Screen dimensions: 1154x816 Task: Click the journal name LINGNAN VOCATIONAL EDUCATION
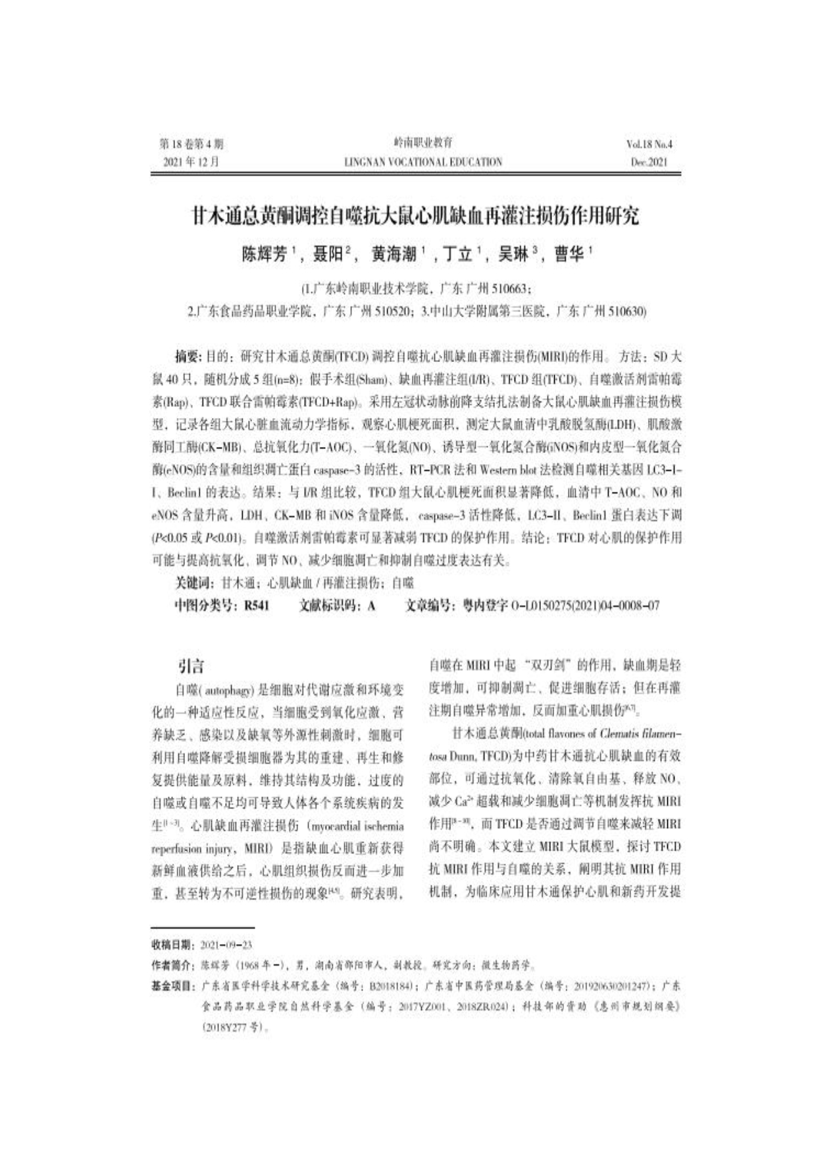422,162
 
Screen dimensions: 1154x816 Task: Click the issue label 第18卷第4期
191,144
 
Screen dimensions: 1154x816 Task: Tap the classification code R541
256,606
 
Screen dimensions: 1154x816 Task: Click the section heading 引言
191,666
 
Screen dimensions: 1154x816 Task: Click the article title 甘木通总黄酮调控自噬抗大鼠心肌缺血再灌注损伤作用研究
415,217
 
